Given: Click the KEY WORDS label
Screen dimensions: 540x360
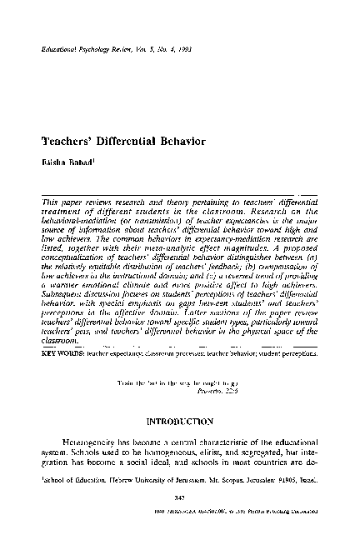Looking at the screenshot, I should [x=60, y=377].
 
